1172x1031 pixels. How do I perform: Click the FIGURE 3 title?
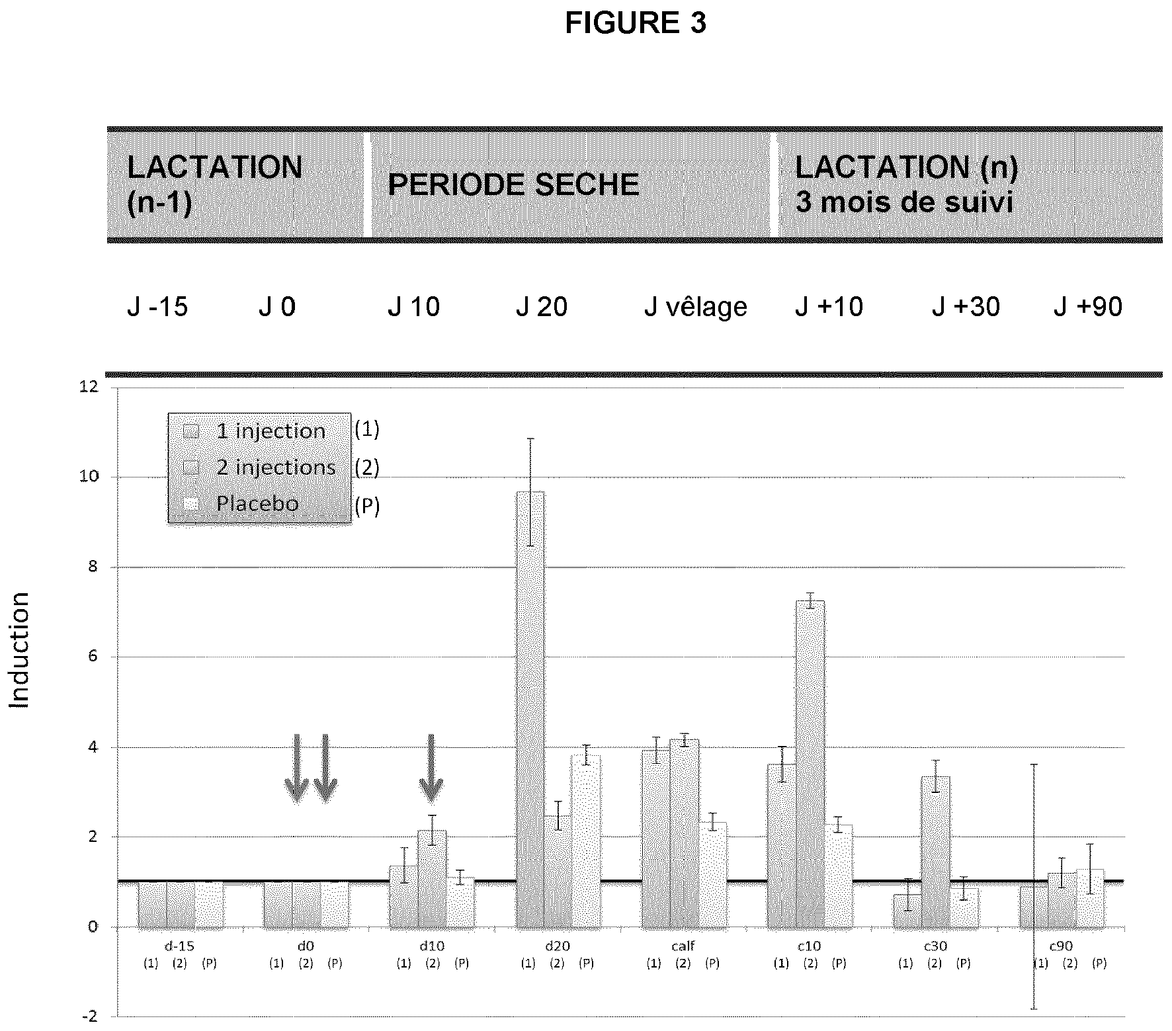(635, 23)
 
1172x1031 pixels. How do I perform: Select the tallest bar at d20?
(530, 708)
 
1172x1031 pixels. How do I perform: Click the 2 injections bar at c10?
(810, 764)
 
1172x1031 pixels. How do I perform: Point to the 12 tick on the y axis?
(88, 387)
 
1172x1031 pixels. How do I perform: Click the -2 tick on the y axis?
(89, 1016)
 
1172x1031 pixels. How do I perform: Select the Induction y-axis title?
(20, 650)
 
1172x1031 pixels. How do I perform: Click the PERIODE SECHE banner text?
(513, 185)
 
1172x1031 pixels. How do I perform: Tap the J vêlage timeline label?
(695, 308)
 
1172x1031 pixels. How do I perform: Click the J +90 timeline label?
(1087, 308)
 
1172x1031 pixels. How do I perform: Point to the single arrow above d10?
(431, 767)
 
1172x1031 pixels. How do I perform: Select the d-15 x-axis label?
(180, 946)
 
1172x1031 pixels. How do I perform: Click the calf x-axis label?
(683, 946)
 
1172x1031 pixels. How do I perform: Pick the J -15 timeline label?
(157, 308)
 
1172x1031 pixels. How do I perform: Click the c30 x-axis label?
(935, 946)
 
